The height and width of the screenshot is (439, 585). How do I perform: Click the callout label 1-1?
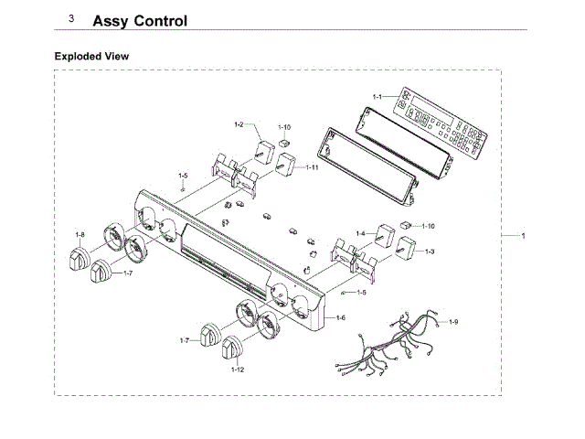[378, 96]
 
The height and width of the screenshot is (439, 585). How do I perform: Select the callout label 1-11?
[312, 167]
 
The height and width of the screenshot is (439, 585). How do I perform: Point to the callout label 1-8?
[80, 235]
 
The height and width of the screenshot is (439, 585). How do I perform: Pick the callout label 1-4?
[360, 233]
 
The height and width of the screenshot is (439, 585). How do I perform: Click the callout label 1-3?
[429, 251]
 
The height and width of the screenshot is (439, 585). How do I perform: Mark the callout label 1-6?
[340, 317]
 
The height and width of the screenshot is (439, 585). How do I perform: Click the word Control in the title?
[158, 20]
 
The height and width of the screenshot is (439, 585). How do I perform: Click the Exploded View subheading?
[91, 57]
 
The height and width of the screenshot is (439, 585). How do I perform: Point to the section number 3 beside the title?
[71, 18]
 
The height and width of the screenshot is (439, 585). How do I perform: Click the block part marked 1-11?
[288, 166]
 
